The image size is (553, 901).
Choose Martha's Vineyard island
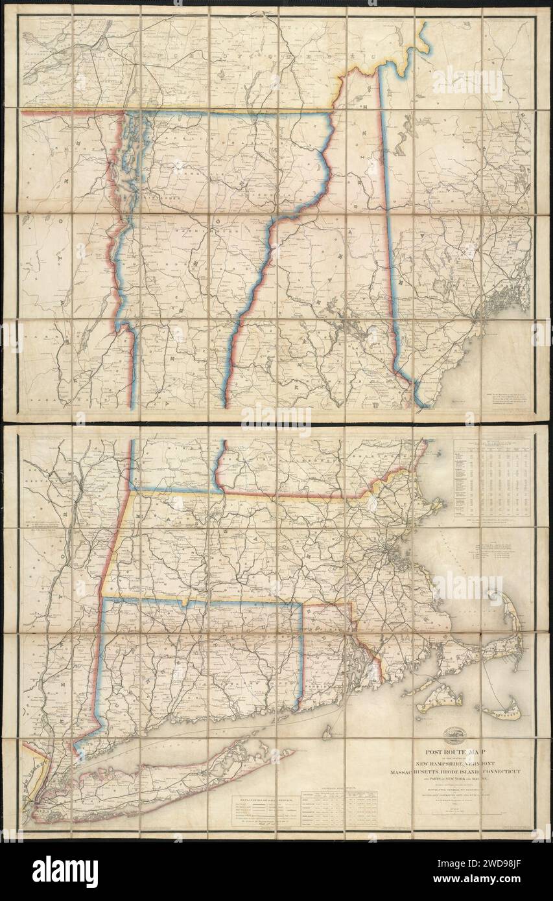(x=440, y=699)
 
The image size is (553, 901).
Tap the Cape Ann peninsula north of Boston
(x=436, y=504)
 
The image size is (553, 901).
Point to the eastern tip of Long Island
(x=290, y=752)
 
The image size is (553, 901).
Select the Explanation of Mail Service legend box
(x=266, y=810)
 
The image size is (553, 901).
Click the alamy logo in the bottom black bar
(x=65, y=872)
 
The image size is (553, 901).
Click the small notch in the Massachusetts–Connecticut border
(x=187, y=603)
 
